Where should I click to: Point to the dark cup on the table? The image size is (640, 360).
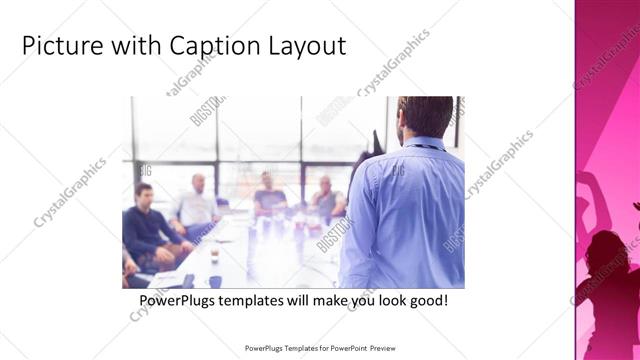pos(214,258)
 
